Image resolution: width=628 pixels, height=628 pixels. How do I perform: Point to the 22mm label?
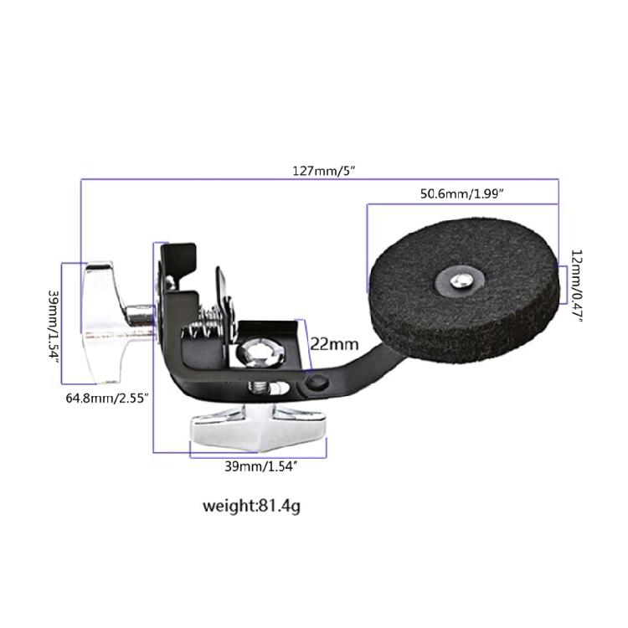coord(334,343)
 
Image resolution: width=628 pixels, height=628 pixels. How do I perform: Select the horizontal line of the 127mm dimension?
coord(209,178)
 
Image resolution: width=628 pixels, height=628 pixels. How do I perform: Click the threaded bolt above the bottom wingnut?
coord(260,389)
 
